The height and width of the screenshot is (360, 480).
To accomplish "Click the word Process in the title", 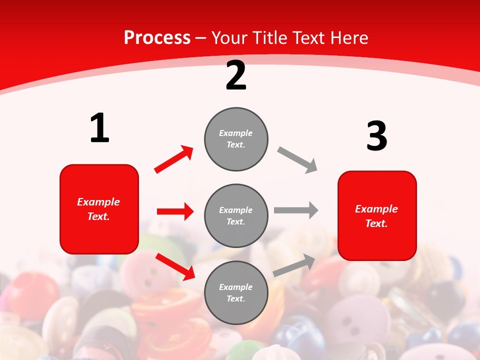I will point(157,38).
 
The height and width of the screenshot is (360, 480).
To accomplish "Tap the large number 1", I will point(99,128).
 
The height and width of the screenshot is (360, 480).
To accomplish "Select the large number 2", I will point(236,75).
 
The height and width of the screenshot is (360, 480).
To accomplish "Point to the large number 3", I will point(376,136).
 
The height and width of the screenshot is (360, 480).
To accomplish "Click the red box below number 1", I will point(99,209).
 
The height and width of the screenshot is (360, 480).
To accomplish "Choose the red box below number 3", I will point(377,215).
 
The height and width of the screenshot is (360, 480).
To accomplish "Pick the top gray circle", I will point(236,139).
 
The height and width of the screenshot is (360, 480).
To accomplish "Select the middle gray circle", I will point(236,215).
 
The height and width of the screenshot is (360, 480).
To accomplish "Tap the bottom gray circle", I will point(236,292).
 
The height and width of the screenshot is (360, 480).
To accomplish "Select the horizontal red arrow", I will point(175,211).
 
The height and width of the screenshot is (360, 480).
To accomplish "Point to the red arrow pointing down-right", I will point(175,266).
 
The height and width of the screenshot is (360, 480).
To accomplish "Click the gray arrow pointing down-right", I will point(297,160).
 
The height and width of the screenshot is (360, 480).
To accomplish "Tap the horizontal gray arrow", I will point(296,210).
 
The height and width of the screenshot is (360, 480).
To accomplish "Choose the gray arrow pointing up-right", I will point(294,265).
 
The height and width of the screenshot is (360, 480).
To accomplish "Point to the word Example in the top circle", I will point(236,133).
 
